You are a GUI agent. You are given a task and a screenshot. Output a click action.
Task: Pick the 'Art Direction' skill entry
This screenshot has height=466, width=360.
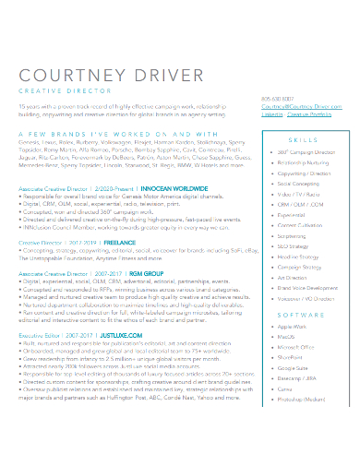pos(292,277)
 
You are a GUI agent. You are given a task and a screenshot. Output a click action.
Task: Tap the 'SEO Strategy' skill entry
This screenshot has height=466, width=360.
pos(294,246)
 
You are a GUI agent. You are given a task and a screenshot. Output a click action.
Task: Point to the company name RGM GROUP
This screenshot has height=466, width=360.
pos(122,274)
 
